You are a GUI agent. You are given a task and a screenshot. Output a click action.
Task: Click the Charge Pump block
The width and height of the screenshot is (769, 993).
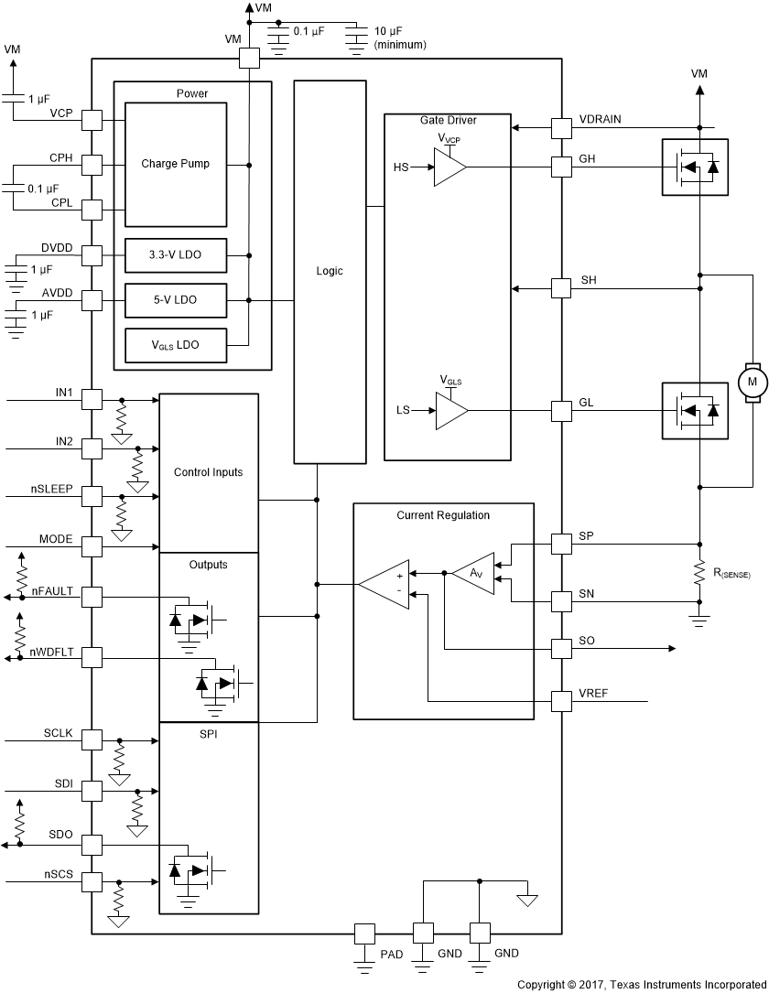(176, 165)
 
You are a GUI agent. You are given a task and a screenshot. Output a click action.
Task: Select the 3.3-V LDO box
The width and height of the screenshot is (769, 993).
(176, 255)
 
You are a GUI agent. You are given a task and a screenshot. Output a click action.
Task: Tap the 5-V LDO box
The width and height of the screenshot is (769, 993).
(176, 299)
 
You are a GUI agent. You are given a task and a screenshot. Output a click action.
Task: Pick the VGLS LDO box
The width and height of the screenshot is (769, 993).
(176, 344)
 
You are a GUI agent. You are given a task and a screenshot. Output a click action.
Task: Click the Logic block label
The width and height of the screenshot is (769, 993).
(330, 271)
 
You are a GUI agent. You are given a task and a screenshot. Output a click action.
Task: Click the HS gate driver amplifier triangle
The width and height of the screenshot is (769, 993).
(449, 167)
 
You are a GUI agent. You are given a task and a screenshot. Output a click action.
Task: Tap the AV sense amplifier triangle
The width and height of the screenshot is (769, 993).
(473, 573)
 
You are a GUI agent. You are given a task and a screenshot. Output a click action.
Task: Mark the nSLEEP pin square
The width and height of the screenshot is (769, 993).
(92, 497)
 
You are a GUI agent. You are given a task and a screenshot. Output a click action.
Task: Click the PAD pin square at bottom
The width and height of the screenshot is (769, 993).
(364, 934)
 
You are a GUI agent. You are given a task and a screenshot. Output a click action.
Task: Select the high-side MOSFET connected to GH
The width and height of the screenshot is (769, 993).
(695, 167)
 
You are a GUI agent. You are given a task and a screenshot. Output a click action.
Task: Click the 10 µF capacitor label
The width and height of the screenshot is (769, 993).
(399, 38)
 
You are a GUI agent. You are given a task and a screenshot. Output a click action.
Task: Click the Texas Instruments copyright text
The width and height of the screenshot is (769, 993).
(641, 984)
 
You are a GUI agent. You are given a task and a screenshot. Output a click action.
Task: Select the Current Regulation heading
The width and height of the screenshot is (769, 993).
(443, 515)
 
